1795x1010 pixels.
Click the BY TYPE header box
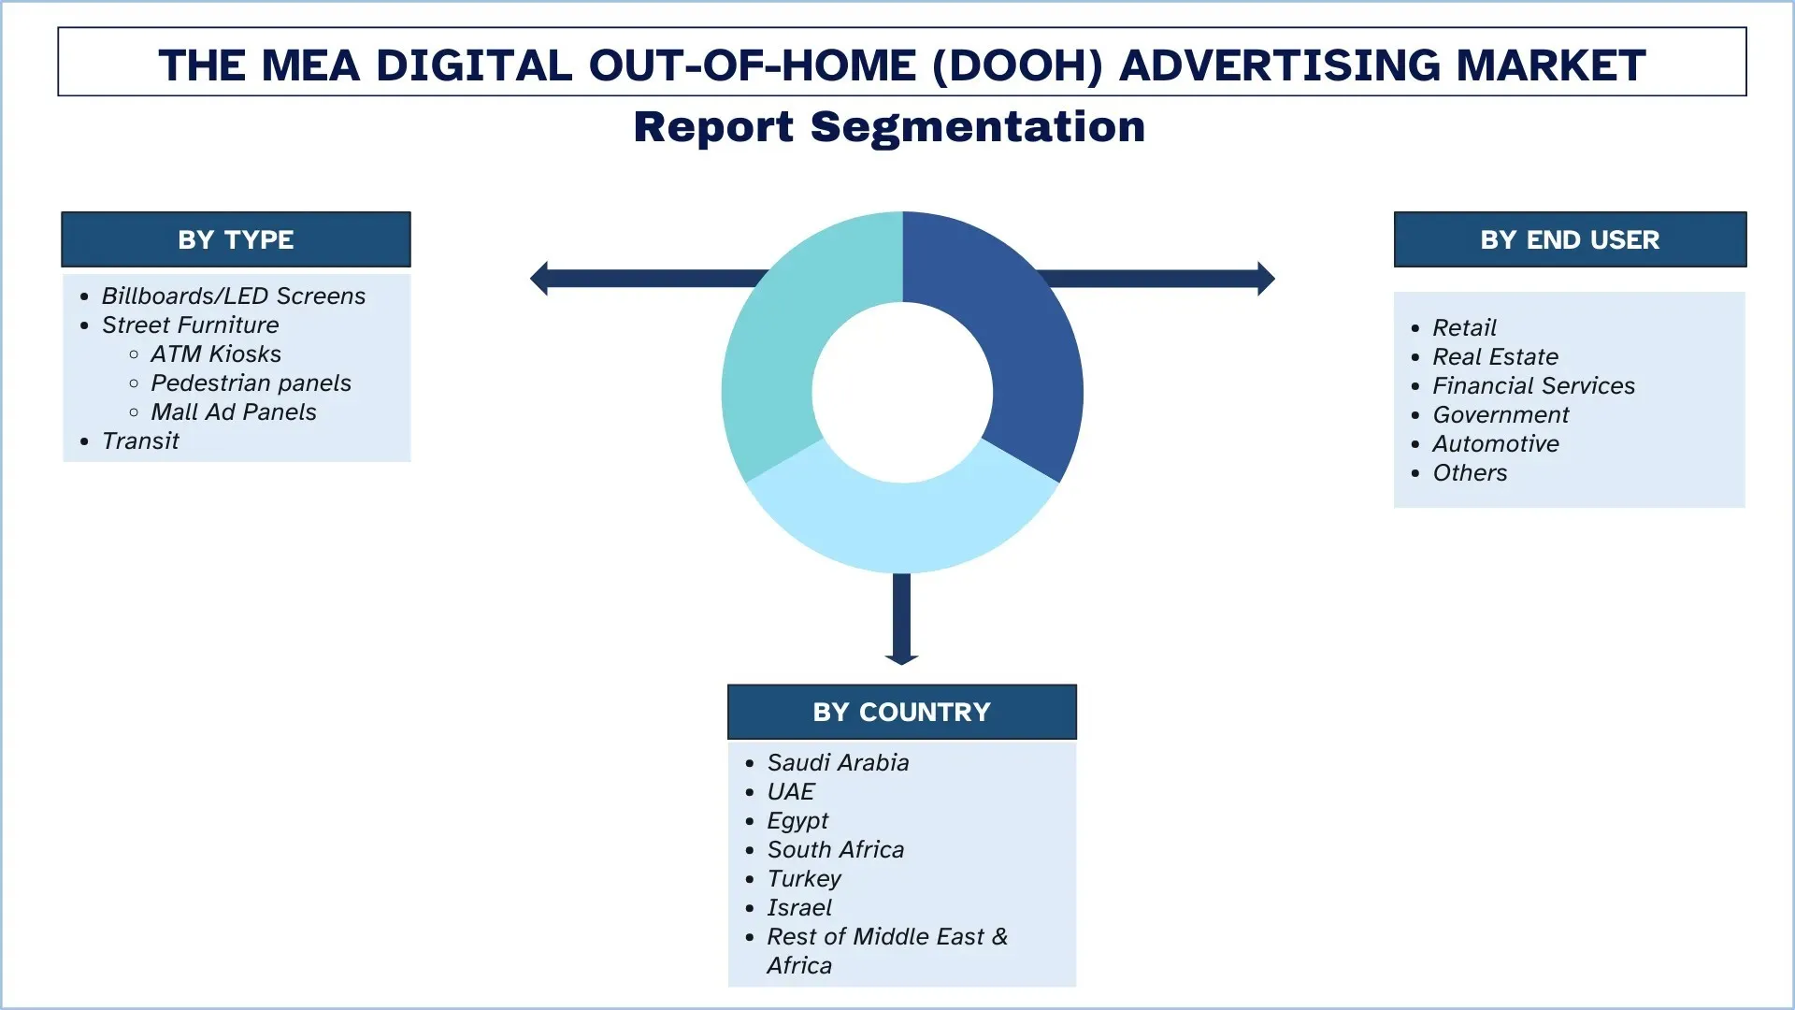(236, 239)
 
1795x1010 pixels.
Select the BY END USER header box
(1569, 239)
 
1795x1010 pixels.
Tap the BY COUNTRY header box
(901, 712)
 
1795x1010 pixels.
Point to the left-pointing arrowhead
(539, 279)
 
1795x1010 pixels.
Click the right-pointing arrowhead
(1266, 279)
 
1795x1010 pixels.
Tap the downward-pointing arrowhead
(901, 657)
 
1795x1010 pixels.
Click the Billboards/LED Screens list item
(234, 296)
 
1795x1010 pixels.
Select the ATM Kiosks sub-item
(216, 353)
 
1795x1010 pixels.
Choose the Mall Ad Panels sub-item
(234, 411)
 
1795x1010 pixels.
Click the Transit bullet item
(140, 440)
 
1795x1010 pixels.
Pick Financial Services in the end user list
(1533, 385)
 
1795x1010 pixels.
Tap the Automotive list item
(1496, 443)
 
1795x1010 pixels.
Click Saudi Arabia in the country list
(838, 762)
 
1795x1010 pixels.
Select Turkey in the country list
(804, 878)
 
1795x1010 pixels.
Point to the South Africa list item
(836, 849)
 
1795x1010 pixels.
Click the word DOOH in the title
(1018, 65)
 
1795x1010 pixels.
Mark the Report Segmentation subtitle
(889, 126)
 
